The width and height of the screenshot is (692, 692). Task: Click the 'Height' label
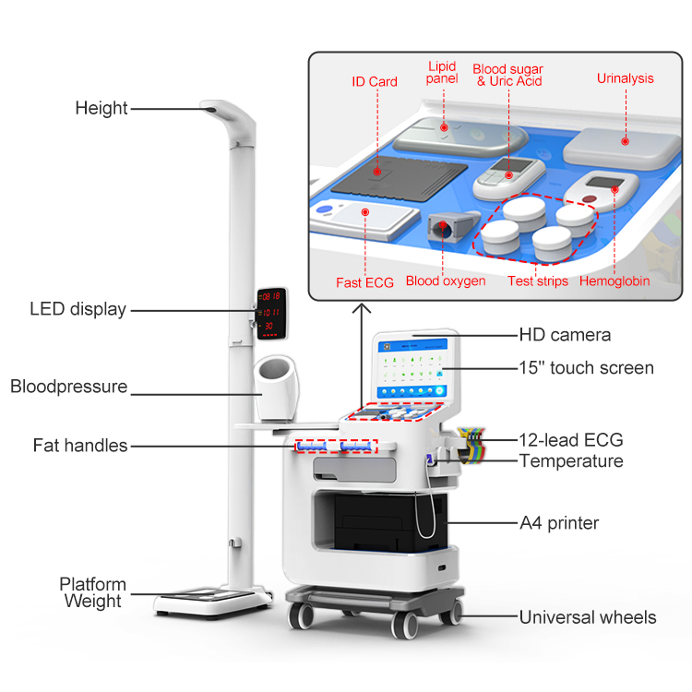click(x=101, y=108)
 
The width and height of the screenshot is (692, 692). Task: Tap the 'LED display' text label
click(x=78, y=309)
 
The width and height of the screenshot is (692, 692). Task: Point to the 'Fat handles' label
click(x=80, y=446)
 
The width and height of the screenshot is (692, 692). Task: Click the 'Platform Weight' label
click(x=92, y=592)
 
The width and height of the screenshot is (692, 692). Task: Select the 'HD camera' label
click(x=565, y=335)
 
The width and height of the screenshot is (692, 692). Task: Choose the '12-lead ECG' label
click(x=571, y=439)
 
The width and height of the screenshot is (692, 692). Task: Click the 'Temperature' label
click(x=571, y=460)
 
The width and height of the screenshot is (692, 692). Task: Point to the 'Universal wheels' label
click(x=588, y=617)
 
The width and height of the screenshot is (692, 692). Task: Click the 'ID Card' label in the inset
click(x=375, y=81)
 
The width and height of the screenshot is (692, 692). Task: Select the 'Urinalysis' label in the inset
click(x=625, y=78)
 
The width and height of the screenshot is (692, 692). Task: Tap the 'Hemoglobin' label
click(x=614, y=280)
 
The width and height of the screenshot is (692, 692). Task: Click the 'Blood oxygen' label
click(x=446, y=280)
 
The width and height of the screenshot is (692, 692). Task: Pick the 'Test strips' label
click(x=538, y=280)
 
